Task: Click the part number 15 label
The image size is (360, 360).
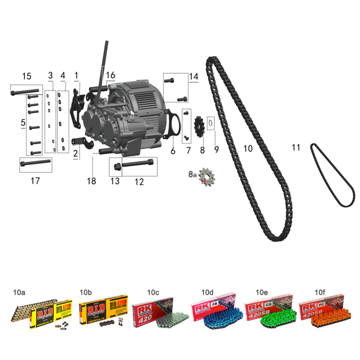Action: (27, 76)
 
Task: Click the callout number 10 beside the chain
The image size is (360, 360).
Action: (248, 149)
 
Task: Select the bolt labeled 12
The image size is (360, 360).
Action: (139, 165)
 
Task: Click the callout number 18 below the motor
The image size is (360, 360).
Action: (91, 181)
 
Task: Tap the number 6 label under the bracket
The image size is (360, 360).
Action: (173, 151)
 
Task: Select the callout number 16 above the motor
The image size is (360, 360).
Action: (111, 75)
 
